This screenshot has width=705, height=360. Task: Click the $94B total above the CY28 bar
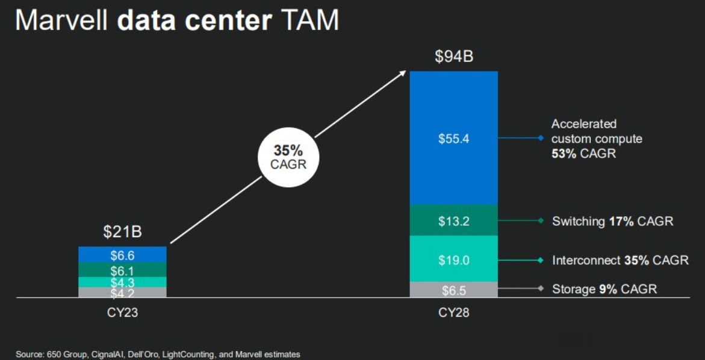453,57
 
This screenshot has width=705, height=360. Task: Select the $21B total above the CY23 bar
122,232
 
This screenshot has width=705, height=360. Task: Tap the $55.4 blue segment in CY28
453,138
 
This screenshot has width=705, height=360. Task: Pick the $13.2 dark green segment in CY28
453,221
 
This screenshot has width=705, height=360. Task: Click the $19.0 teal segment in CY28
453,259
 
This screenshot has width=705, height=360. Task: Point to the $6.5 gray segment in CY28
453,290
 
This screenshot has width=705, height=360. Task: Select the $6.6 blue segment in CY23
122,255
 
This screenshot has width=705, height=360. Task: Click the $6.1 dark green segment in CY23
122,270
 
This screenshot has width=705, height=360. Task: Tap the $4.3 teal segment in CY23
122,282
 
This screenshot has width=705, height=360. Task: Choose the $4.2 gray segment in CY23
122,293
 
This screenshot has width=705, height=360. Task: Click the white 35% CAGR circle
288,157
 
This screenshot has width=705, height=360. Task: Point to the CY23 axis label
122,313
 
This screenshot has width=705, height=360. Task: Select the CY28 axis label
453,313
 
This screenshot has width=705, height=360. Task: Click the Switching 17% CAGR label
612,222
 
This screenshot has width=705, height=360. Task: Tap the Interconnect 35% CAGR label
620,260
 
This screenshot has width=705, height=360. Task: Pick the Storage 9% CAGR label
604,290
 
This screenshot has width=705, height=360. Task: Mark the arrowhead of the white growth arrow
404,73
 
